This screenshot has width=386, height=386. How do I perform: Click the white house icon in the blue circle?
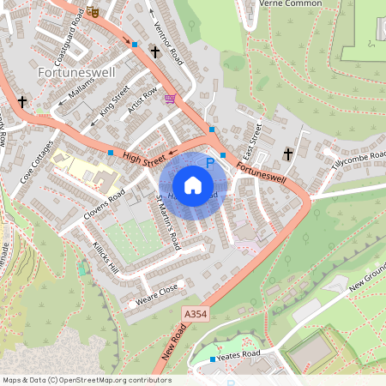(193, 184)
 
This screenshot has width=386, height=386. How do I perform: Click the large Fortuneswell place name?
(72, 73)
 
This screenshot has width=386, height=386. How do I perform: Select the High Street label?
(143, 157)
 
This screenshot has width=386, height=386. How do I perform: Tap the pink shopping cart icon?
(170, 99)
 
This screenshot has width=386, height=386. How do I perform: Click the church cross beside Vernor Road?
(154, 52)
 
